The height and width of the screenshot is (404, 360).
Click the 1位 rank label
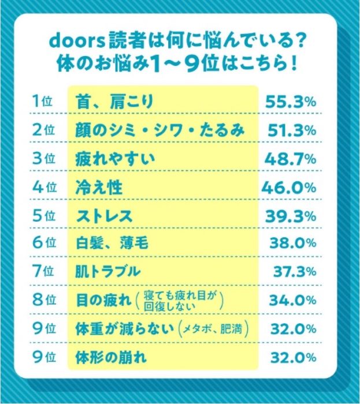(43, 101)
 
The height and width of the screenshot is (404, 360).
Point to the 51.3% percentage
(290, 130)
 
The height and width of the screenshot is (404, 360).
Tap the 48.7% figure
(290, 159)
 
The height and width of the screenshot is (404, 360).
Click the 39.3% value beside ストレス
(290, 216)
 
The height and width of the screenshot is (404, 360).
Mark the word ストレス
(105, 216)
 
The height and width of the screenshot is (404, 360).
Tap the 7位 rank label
(43, 271)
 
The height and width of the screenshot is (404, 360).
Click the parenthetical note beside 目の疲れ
(181, 300)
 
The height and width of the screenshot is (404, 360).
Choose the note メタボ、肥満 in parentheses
(214, 329)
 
